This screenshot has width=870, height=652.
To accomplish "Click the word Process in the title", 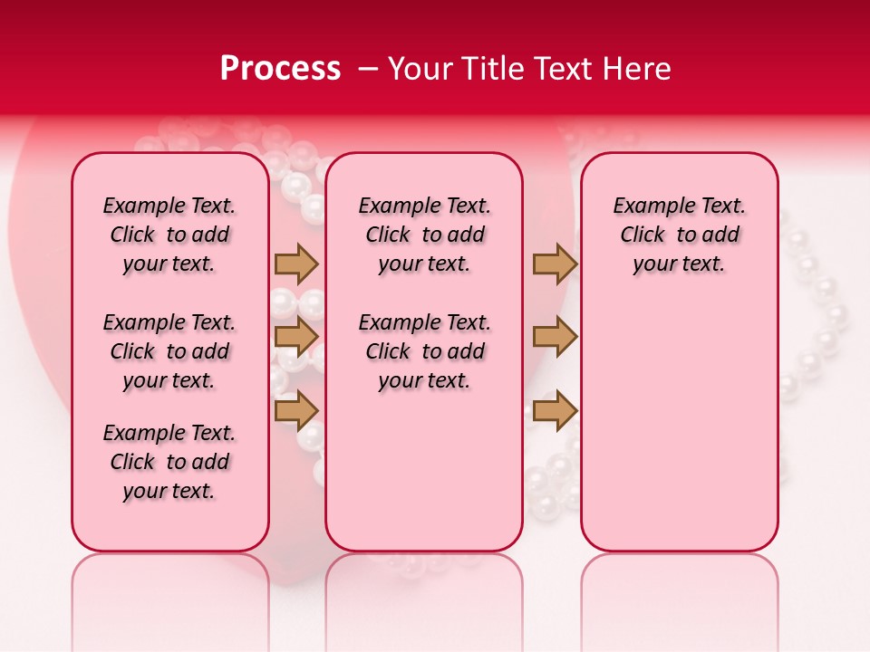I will tap(280, 69).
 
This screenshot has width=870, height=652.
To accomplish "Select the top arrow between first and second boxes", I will tap(296, 264).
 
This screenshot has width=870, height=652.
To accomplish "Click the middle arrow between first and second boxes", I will tap(296, 337).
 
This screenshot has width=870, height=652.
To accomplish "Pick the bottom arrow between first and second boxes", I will tap(296, 410).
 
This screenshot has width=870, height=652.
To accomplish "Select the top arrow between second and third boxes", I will tap(555, 264).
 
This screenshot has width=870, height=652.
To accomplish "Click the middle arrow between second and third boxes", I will tap(555, 337).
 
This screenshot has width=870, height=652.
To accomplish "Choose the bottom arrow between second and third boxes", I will tap(555, 410).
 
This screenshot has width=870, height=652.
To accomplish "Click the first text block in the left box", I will tap(169, 235).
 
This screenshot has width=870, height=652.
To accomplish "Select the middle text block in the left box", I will tap(169, 351).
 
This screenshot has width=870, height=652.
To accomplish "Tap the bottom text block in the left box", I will tap(169, 462).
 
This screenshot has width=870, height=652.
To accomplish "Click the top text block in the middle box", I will tap(424, 235).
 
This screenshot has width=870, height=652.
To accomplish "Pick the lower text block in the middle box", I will tap(424, 351).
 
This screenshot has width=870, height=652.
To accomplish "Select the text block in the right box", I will tap(680, 235).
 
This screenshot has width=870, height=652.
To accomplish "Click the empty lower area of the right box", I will tap(680, 426).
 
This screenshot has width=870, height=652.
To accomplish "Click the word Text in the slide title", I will tap(560, 69).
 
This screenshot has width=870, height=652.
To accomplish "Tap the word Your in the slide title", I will tap(418, 69).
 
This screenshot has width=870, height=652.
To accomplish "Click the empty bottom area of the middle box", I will tap(424, 480).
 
